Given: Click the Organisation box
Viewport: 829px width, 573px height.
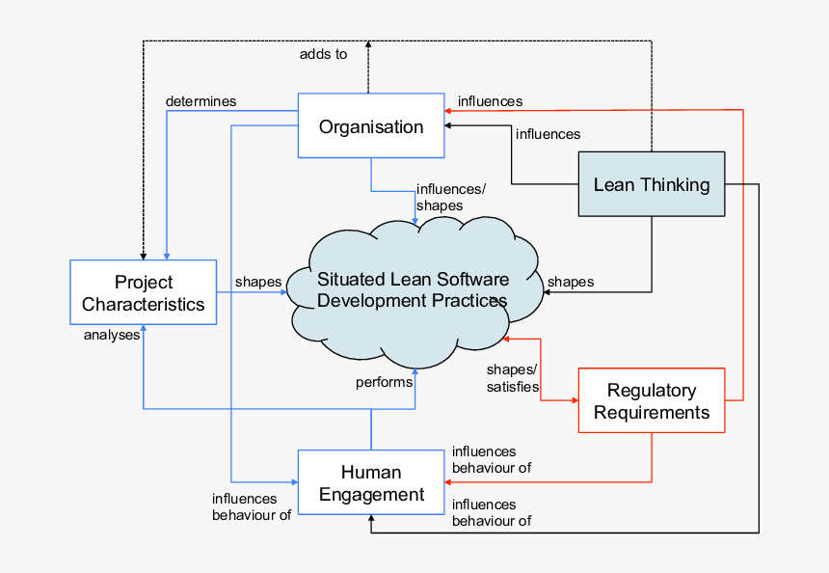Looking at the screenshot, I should click(x=371, y=126).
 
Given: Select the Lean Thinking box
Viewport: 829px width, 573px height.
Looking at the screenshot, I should click(x=651, y=184).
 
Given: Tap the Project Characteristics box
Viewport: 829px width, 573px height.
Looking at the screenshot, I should click(x=144, y=293).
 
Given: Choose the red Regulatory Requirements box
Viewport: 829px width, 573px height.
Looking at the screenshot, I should click(x=651, y=401).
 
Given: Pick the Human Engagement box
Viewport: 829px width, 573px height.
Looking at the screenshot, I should click(x=371, y=483).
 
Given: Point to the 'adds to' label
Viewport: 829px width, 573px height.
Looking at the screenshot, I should click(x=323, y=54).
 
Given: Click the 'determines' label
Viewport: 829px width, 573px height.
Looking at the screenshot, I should click(x=201, y=100).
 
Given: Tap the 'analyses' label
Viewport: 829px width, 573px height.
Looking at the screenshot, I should click(x=112, y=336).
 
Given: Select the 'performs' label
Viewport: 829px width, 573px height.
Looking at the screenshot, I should click(x=384, y=382).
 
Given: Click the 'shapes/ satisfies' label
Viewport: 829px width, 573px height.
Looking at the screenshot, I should click(x=513, y=378).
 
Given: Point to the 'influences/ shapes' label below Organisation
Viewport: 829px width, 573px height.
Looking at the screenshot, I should click(x=450, y=197).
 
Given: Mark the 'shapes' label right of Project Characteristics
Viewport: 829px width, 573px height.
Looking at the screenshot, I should click(x=258, y=282).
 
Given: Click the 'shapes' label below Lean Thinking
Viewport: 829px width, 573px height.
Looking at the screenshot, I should click(x=571, y=282).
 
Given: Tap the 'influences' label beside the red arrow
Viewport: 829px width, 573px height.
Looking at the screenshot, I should click(x=490, y=101).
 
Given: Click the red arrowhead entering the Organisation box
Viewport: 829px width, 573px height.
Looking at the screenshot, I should click(x=449, y=111).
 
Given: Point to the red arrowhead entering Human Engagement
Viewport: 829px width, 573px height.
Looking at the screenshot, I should click(x=449, y=481).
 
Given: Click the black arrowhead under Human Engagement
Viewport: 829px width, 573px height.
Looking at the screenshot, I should click(x=371, y=522).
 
